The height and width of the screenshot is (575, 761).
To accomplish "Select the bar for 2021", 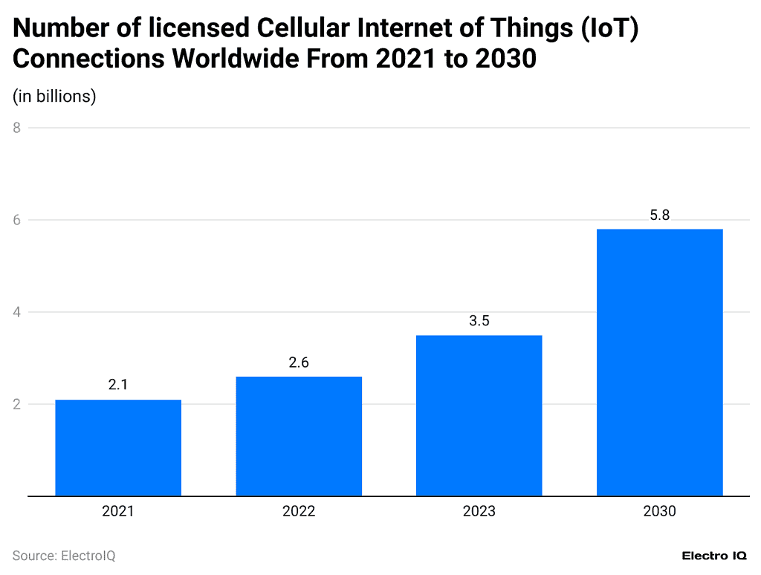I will [x=118, y=448].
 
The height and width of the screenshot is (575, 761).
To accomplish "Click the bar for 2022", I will [x=299, y=436].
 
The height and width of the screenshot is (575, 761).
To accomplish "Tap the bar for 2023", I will [x=479, y=415].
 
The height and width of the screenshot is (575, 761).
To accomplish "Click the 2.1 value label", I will [x=118, y=386].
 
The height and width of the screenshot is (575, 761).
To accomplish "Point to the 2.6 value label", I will [x=299, y=363].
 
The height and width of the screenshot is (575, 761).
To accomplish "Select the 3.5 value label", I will [x=479, y=321].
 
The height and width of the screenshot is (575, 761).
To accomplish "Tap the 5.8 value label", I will [x=660, y=215].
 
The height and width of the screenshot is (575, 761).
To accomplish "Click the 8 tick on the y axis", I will [x=16, y=128].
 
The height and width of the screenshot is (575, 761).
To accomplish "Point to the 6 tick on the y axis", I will [x=16, y=220].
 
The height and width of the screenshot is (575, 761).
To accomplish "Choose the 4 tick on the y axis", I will [x=16, y=312].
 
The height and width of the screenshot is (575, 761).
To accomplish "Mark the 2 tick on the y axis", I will [x=16, y=404].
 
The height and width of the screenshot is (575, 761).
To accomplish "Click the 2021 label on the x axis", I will [x=118, y=511].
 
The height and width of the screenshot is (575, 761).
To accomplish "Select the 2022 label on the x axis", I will [x=299, y=511].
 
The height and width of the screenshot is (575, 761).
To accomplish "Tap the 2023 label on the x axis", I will [x=479, y=511].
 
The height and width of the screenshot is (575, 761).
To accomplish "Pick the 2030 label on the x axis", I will [x=660, y=511].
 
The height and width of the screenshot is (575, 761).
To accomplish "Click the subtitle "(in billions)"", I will [x=54, y=96].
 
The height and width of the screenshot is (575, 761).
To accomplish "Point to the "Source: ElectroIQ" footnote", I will [x=64, y=556].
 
